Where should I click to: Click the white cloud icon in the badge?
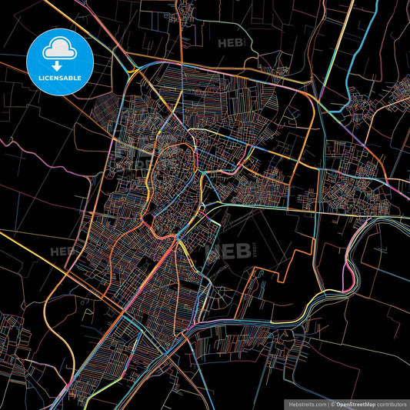(x=59, y=48)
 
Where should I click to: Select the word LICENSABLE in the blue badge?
(x=59, y=77)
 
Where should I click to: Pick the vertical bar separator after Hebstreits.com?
(x=326, y=402)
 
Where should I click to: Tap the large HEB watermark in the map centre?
(x=223, y=251)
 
